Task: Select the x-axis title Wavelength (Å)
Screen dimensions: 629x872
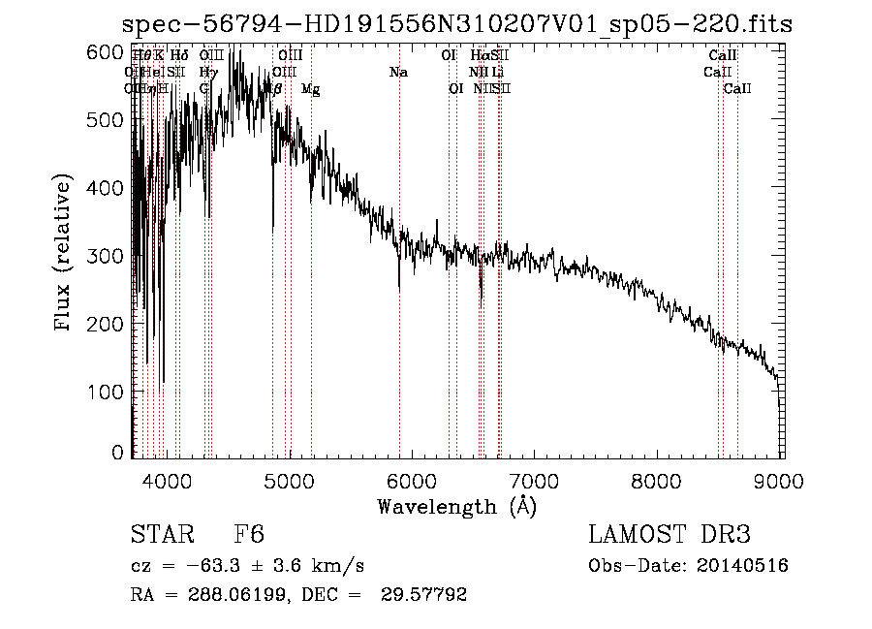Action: (457, 506)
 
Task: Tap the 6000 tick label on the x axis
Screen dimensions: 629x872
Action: (413, 480)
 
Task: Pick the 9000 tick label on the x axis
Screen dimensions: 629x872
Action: (781, 480)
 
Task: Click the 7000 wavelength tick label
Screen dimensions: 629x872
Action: (536, 480)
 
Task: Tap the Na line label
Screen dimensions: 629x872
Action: (398, 73)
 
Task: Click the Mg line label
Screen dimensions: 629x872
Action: (310, 89)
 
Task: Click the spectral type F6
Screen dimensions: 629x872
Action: (249, 535)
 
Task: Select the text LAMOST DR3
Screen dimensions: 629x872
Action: (670, 535)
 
